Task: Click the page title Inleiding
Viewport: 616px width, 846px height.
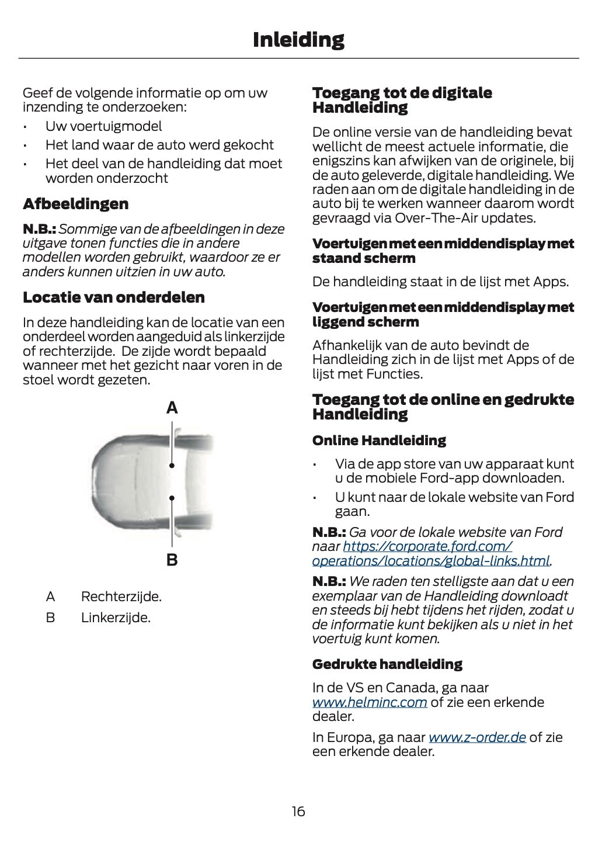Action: (298, 40)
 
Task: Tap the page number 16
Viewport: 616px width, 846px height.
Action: (298, 812)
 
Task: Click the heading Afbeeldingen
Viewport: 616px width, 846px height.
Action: (75, 204)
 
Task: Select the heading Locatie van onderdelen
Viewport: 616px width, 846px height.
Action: (113, 297)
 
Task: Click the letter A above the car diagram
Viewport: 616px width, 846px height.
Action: (172, 408)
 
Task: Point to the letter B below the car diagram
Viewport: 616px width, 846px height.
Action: (172, 560)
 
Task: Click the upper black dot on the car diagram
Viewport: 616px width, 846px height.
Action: (172, 466)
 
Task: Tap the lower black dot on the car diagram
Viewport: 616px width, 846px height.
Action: (172, 498)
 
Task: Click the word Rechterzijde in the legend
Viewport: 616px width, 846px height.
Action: (121, 597)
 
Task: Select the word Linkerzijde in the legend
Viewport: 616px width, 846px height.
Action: (115, 618)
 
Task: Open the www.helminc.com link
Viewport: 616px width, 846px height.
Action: (369, 702)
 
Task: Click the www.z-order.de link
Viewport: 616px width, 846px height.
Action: (477, 737)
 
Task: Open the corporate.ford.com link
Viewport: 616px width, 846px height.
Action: (427, 547)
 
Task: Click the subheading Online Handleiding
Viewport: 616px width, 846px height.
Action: (379, 441)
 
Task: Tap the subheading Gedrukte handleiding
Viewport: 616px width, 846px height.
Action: (387, 664)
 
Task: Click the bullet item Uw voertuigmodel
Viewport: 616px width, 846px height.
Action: (103, 126)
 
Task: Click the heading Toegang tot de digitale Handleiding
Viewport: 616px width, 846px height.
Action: (402, 100)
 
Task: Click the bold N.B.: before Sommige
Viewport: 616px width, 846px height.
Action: (39, 229)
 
